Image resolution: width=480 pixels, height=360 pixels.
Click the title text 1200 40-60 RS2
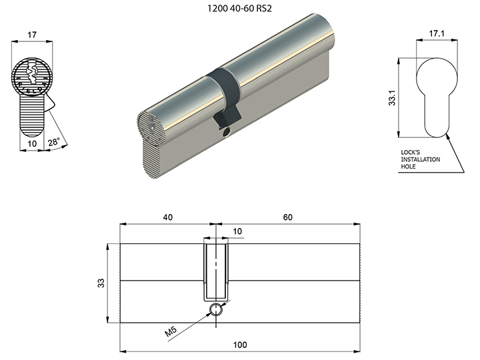239,8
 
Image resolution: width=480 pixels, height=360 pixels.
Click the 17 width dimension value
32,35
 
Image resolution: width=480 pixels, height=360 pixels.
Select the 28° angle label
54,142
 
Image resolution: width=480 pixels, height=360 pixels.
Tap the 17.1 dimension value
437,33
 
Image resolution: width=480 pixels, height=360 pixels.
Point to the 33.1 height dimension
392,98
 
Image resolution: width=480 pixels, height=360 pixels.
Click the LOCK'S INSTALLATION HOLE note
420,159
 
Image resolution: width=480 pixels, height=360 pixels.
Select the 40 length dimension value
168,217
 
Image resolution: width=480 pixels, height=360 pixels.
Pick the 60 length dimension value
288,217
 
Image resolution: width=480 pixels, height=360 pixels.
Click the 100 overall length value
240,345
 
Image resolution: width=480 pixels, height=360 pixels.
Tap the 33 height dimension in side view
101,283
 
